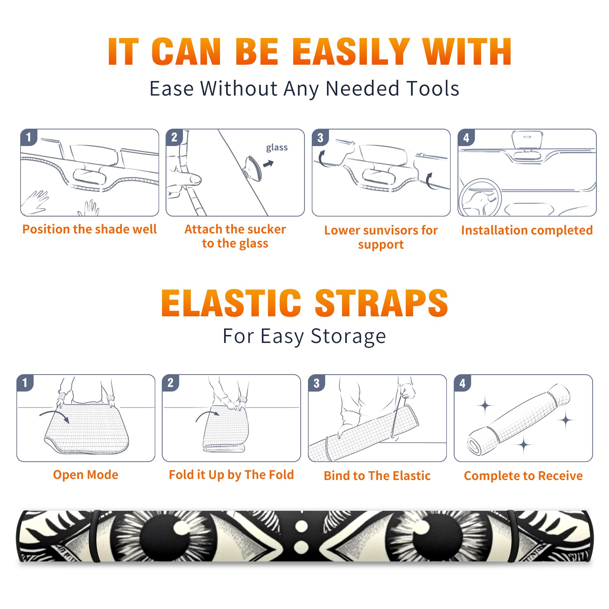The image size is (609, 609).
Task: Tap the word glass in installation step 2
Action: click(x=277, y=148)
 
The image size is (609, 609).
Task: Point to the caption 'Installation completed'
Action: click(x=527, y=230)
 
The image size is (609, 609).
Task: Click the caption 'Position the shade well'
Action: click(x=89, y=229)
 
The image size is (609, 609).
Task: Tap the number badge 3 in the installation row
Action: click(x=320, y=137)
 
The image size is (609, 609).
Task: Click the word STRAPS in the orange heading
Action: click(x=381, y=303)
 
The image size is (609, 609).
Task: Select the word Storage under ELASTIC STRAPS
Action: click(x=348, y=336)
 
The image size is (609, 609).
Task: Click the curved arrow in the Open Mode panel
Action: click(x=54, y=415)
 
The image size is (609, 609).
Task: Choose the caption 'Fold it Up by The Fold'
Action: click(x=231, y=475)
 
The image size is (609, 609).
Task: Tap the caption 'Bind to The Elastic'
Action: click(x=377, y=476)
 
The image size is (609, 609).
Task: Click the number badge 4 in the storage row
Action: click(x=462, y=383)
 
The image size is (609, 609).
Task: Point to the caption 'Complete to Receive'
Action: click(x=523, y=476)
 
